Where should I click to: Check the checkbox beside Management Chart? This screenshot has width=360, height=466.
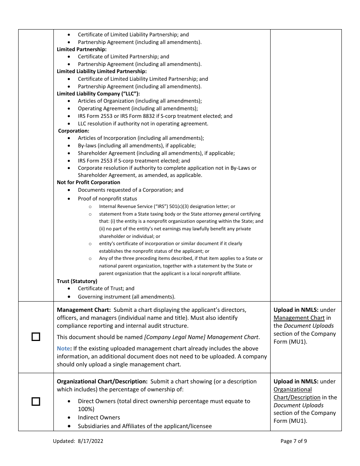coord(36,337)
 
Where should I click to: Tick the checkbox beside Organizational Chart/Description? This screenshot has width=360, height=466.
coord(36,402)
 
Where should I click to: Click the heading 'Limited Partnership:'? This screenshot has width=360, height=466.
coord(81,49)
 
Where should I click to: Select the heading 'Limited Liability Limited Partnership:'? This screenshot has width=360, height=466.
coord(102,71)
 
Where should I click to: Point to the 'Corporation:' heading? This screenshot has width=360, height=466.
coord(74,131)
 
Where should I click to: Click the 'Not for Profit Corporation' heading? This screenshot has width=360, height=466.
coord(88,182)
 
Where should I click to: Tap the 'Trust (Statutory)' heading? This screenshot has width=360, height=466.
coord(77,281)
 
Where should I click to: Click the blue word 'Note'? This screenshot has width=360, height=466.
coord(63,349)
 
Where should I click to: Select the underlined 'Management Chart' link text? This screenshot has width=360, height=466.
coord(299,318)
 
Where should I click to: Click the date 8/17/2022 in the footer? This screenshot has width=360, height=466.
coord(91,441)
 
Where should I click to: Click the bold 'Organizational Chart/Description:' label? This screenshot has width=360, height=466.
coord(102,382)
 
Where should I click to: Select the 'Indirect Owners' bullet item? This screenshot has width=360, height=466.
coord(99,418)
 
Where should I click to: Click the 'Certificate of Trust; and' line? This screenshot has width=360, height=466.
coord(106,288)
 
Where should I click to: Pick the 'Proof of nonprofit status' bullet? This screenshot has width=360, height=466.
coord(107,199)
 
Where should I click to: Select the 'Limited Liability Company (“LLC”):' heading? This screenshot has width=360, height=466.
coord(98,94)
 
